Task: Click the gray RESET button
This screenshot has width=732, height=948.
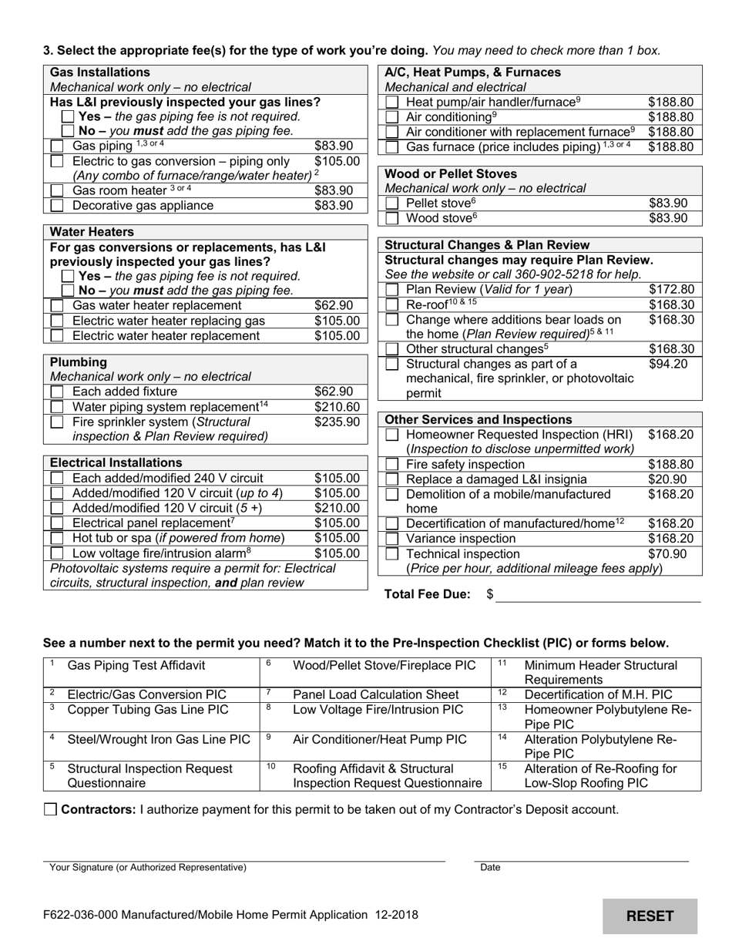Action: coord(650,916)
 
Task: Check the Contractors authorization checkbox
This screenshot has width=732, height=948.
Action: coord(51,809)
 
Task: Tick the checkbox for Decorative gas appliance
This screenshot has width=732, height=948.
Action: coord(57,206)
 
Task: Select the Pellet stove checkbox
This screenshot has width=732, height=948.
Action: coord(392,203)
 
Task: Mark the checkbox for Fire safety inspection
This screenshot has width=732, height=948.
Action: coord(392,465)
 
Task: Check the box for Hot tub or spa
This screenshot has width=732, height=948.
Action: coord(57,538)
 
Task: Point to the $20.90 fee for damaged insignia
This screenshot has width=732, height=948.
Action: coord(667,479)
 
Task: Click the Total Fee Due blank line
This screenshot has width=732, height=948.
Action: coord(597,594)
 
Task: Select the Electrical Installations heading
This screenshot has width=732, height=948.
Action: coord(116,462)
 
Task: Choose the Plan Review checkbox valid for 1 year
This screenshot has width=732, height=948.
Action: coord(392,290)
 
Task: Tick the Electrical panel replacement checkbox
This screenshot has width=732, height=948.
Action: coord(57,523)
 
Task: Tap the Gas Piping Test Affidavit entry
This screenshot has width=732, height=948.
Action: coord(136,665)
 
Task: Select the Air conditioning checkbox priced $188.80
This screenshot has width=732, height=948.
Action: coord(392,117)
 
